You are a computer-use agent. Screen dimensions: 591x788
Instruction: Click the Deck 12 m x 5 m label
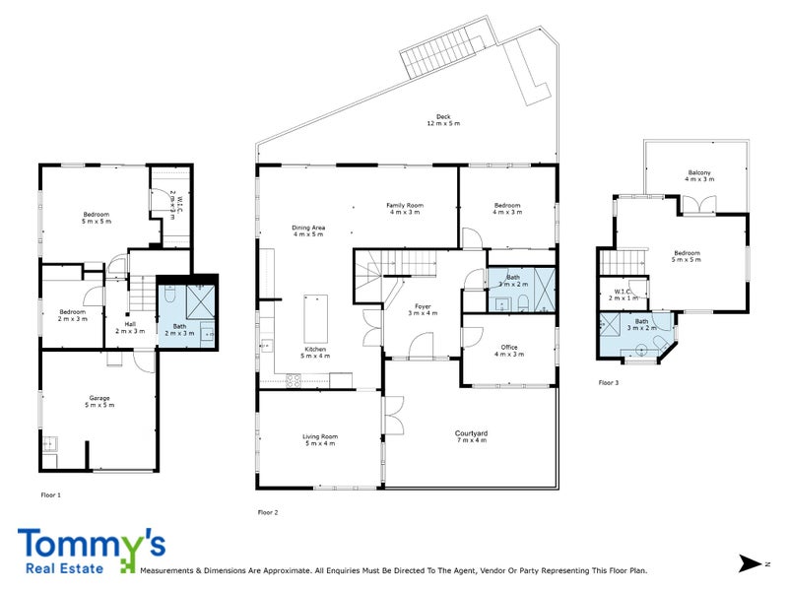[x=443, y=119]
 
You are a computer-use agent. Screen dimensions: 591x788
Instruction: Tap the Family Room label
[x=404, y=208]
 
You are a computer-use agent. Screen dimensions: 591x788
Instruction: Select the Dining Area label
[x=308, y=230]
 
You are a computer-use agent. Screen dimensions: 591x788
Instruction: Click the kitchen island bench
[x=316, y=316]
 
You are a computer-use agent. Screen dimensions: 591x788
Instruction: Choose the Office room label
[x=508, y=350]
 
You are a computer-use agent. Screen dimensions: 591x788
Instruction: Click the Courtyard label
[x=471, y=436]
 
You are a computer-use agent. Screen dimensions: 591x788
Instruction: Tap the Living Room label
[x=319, y=439]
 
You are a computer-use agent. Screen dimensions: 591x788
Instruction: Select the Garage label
[x=98, y=401]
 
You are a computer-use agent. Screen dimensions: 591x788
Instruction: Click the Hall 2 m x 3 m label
[x=130, y=327]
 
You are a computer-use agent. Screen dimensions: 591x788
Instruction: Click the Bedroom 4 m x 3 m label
[x=507, y=208]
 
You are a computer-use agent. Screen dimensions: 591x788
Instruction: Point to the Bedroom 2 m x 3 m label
[x=73, y=315]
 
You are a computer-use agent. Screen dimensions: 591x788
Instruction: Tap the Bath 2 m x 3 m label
[x=178, y=329]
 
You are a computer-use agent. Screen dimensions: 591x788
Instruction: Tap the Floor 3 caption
[x=609, y=382]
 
